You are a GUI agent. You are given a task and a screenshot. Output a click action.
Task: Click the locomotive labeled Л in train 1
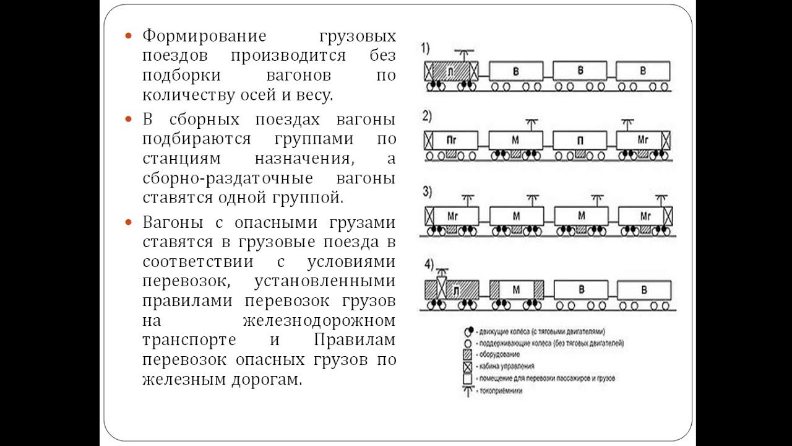[x=452, y=72]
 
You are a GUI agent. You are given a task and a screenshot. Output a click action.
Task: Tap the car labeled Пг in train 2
[x=451, y=141]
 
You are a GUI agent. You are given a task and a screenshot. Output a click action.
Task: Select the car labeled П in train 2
[x=580, y=141]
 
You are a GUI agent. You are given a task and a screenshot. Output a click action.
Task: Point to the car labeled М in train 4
[x=516, y=290]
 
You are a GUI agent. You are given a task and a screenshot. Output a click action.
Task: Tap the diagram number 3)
[x=428, y=191]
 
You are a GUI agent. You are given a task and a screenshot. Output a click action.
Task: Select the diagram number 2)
[x=428, y=115]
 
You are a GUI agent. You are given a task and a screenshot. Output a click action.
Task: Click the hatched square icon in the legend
[x=468, y=354]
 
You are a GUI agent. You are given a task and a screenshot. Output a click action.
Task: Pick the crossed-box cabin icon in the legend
[x=468, y=365]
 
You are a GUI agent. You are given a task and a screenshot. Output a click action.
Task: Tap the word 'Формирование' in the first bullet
[x=204, y=36]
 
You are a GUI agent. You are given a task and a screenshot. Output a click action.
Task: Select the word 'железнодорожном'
[x=319, y=320]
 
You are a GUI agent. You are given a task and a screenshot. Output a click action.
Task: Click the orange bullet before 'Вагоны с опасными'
[x=129, y=222]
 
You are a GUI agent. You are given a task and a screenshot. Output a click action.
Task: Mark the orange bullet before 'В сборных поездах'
[x=129, y=119]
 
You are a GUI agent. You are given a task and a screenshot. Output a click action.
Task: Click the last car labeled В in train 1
[x=643, y=71]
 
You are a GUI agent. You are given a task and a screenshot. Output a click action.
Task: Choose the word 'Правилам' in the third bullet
[x=355, y=340]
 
